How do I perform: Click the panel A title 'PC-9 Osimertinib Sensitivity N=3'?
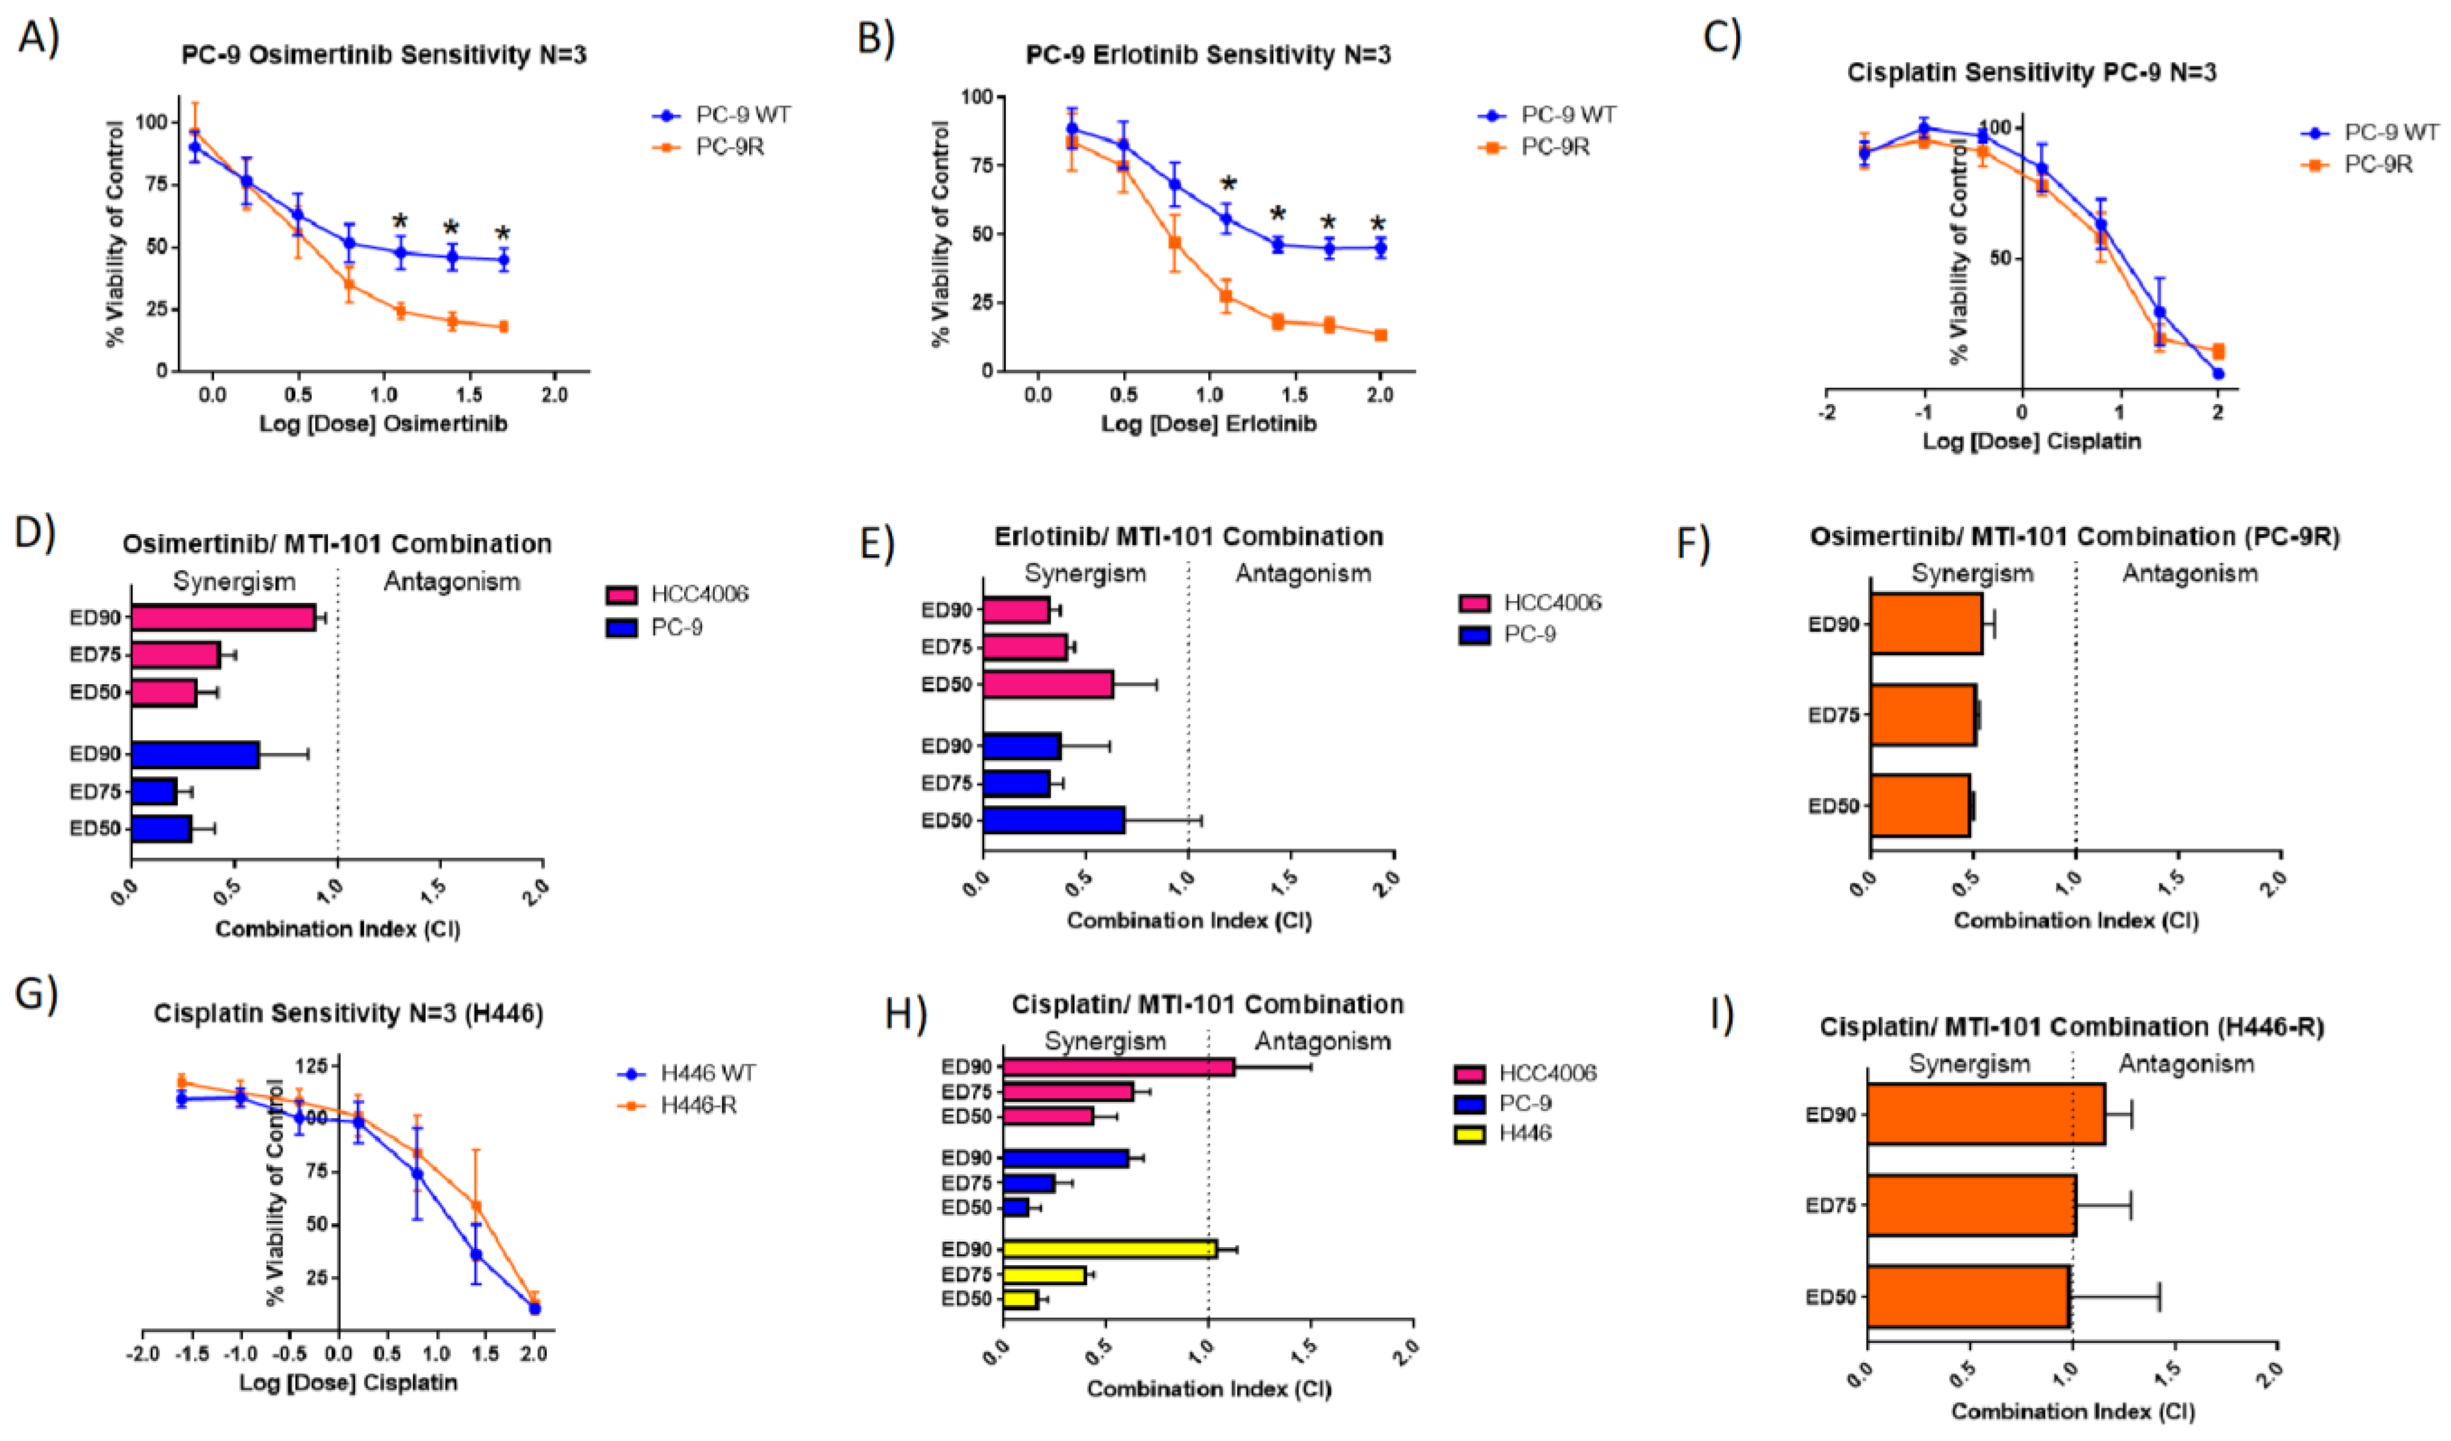point(384,55)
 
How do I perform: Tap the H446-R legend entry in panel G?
point(699,1106)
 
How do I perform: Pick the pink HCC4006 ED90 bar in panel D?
point(223,617)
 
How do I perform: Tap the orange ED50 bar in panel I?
point(1967,1296)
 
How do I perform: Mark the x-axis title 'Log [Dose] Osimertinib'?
point(383,424)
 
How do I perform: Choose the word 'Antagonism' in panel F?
point(2190,574)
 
